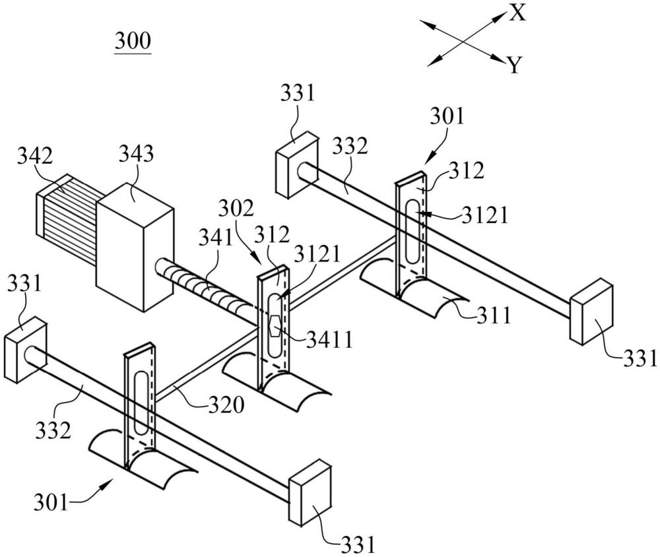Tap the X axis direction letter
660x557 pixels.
point(517,13)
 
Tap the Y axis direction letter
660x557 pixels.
point(515,65)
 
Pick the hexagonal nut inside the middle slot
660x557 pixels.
point(275,325)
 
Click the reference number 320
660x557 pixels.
point(226,405)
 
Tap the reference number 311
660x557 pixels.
point(494,316)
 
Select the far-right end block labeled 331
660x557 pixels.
point(592,313)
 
